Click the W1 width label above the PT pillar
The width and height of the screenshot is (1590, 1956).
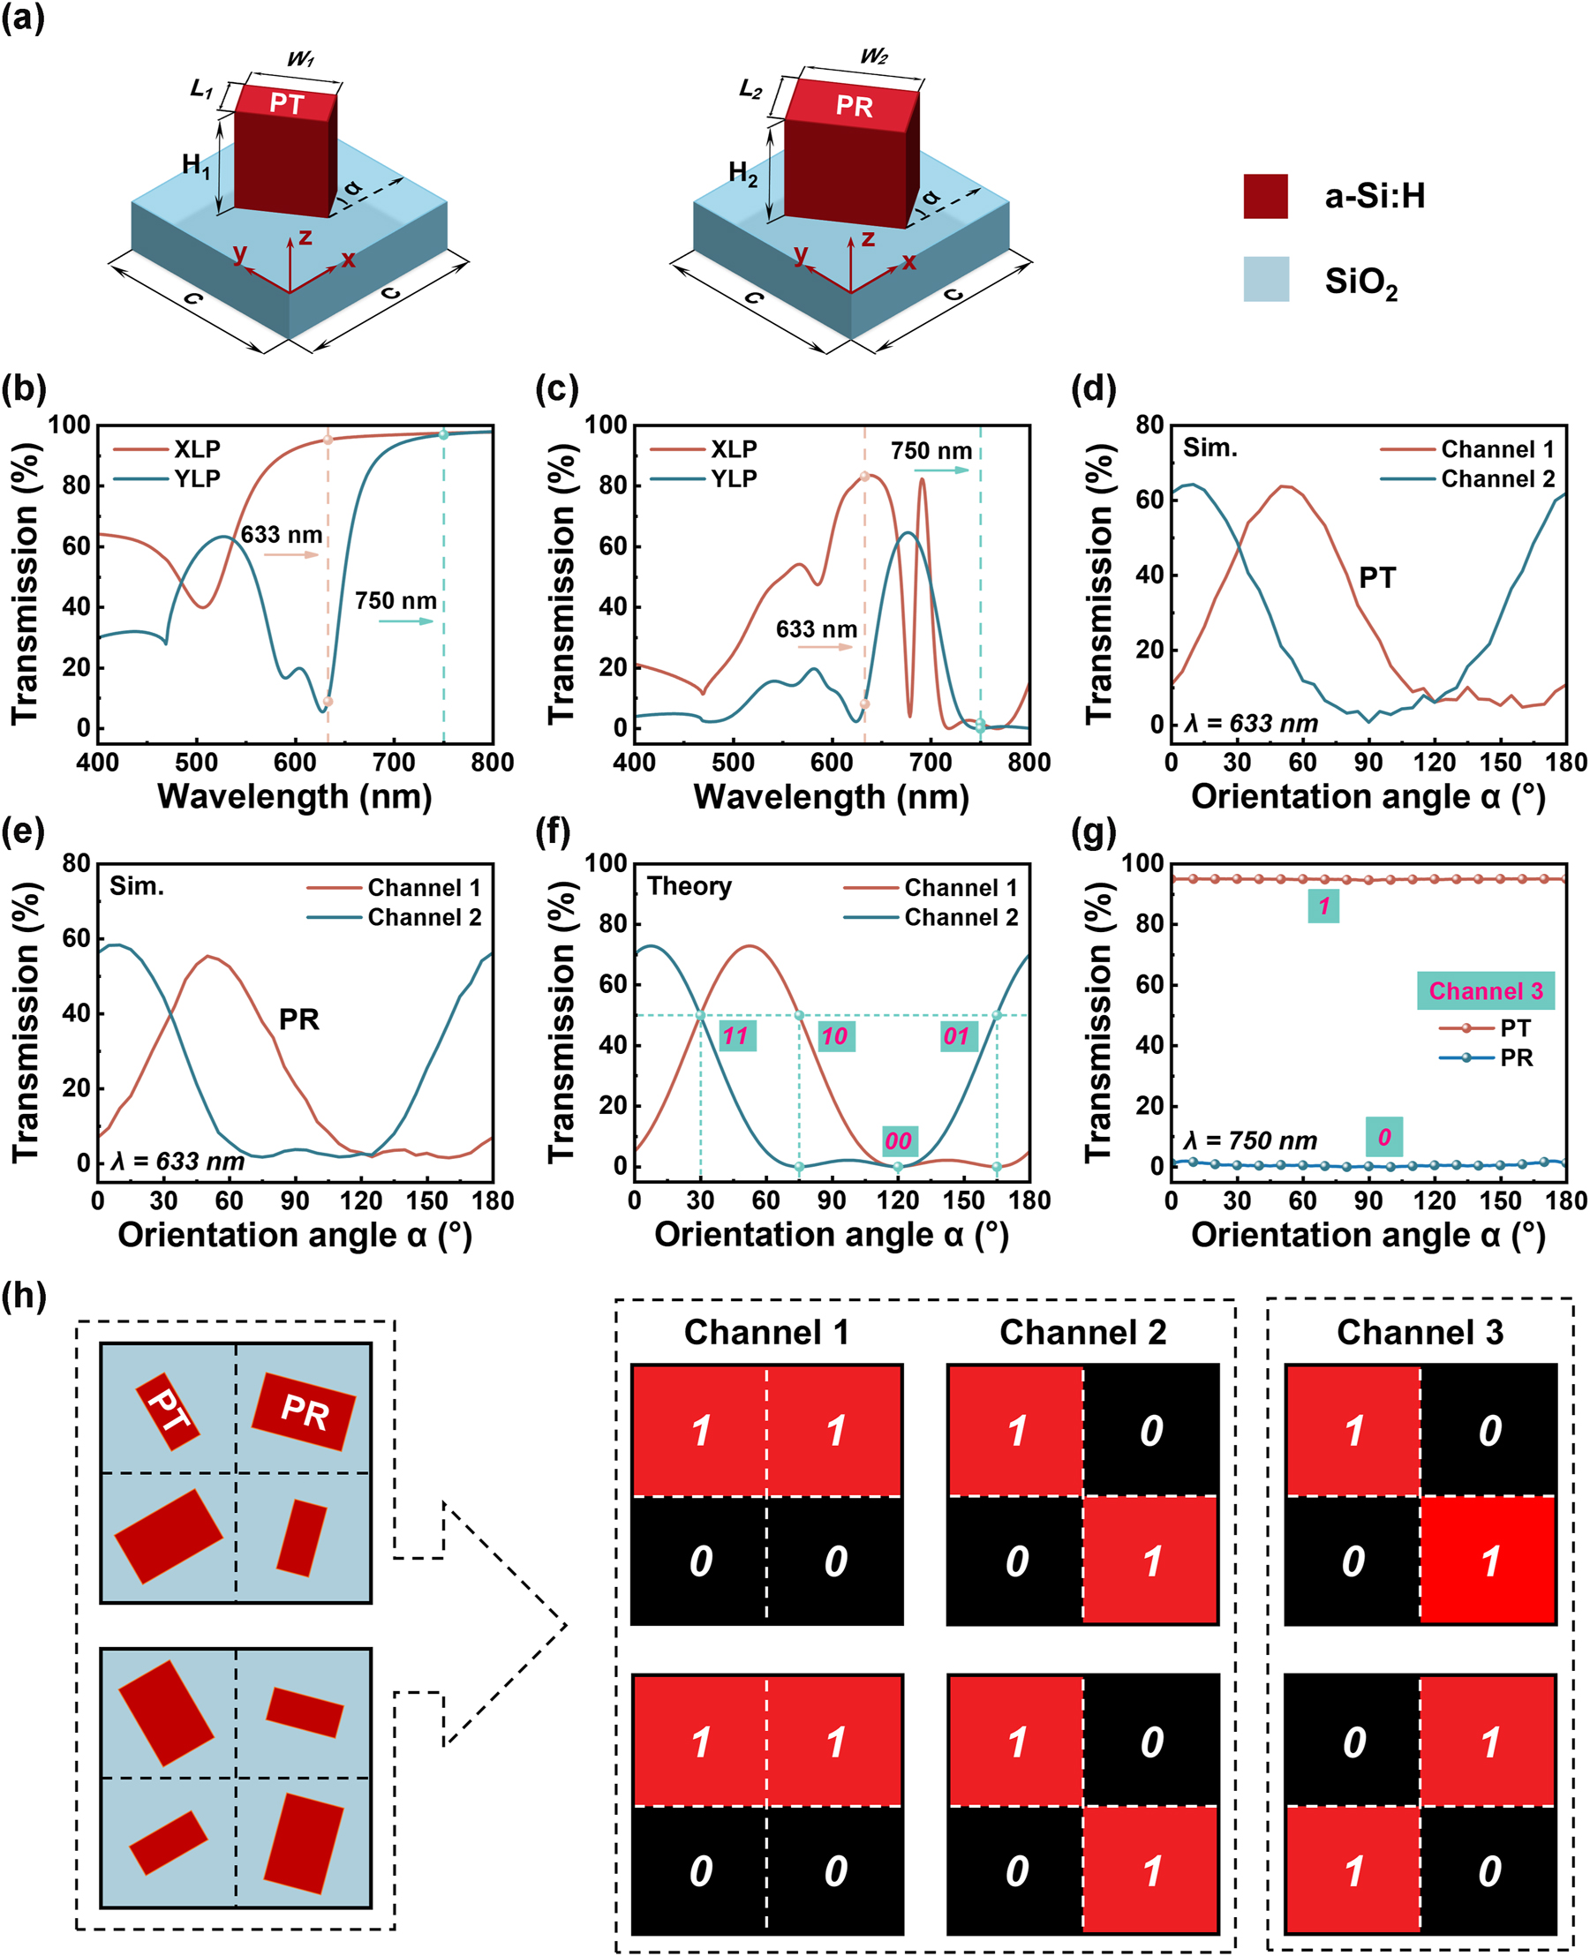300,59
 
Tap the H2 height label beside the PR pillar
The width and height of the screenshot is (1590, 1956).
742,172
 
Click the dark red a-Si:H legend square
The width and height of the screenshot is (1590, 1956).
1265,196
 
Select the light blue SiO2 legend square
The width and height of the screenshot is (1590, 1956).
1266,279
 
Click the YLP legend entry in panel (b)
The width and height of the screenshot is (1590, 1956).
197,478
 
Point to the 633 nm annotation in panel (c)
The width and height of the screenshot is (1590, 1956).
816,629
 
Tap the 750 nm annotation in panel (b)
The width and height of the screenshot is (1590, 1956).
396,601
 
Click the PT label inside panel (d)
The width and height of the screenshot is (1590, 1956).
1376,578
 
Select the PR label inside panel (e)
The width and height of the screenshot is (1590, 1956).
298,1019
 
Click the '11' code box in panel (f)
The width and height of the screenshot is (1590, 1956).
736,1035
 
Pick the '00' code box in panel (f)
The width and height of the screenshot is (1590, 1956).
899,1140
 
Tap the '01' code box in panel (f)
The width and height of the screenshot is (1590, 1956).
957,1035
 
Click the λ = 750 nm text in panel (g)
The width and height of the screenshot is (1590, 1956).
1249,1140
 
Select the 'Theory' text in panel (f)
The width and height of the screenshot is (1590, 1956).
689,885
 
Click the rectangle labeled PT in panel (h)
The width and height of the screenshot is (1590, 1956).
168,1411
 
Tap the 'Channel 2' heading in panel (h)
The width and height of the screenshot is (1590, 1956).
1082,1332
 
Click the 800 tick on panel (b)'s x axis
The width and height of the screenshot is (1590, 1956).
493,762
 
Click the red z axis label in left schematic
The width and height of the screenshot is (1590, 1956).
305,237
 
